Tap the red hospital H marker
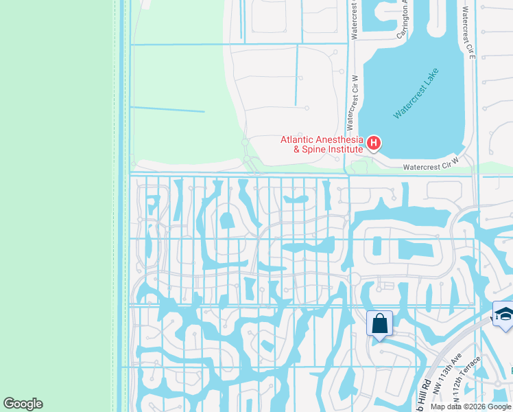tap(374, 143)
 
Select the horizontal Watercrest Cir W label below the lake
tap(430, 166)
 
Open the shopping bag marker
tap(379, 323)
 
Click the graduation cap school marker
tap(503, 313)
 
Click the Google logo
tap(23, 404)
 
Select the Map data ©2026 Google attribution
tap(470, 407)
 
